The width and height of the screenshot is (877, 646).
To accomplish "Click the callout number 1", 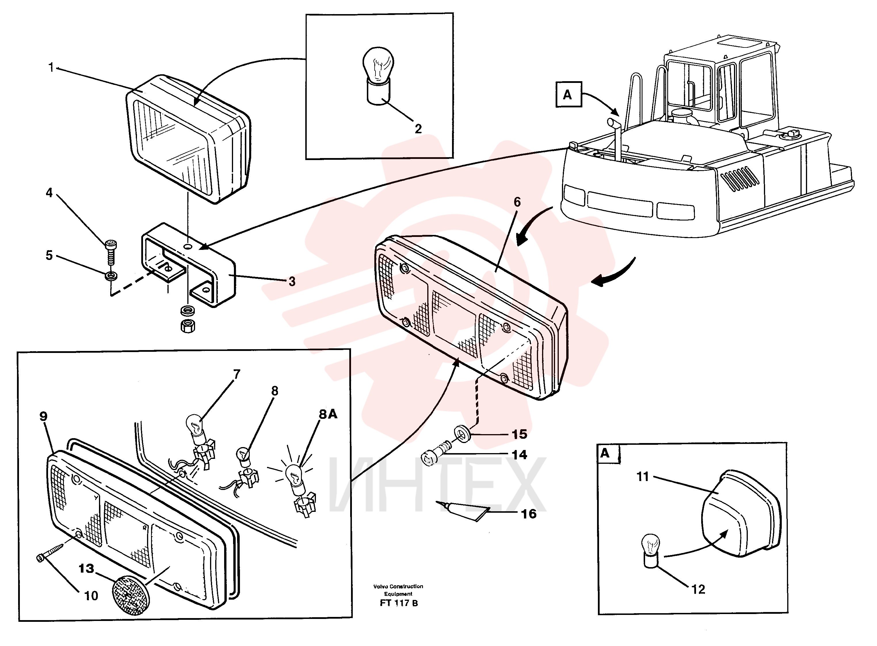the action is click(51, 68).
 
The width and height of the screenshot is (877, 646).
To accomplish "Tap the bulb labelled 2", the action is click(378, 76).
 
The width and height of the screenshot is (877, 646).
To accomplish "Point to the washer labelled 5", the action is click(111, 276).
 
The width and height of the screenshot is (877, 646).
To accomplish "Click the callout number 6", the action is click(517, 202).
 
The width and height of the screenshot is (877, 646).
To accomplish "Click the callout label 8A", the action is click(328, 414).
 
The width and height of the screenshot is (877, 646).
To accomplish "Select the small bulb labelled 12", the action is click(651, 550).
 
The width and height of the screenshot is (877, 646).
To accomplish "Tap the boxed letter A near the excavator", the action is click(569, 94).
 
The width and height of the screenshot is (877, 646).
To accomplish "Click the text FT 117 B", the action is click(399, 603).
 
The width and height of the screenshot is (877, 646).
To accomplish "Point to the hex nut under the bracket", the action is click(188, 326).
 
